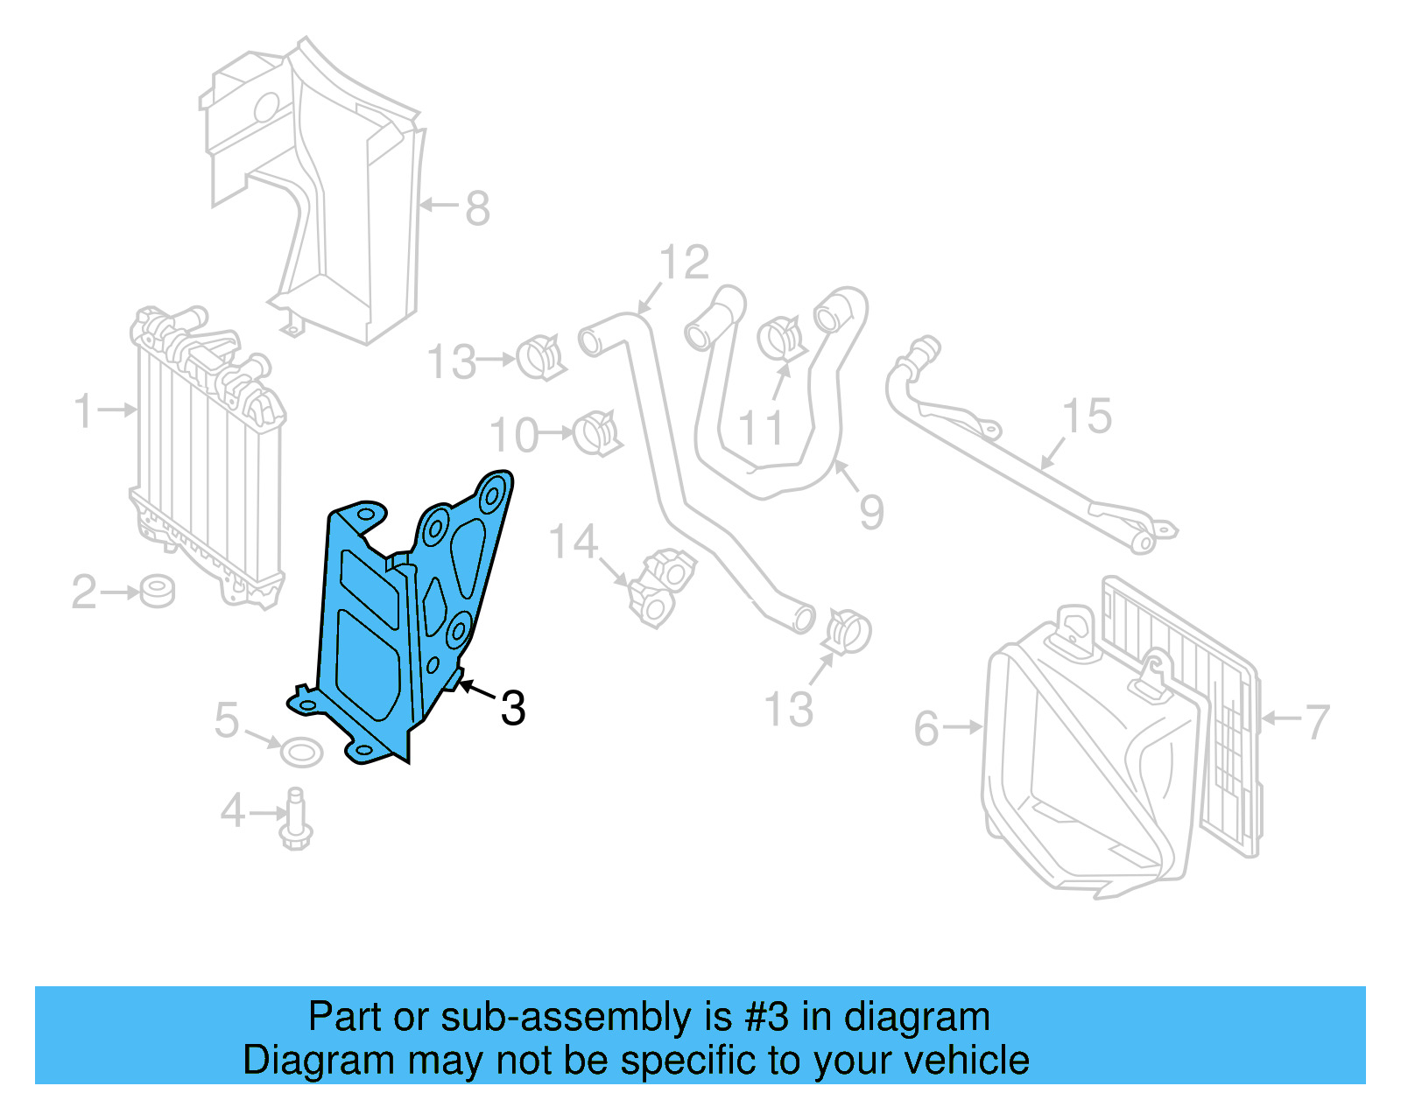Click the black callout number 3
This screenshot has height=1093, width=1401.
coord(513,708)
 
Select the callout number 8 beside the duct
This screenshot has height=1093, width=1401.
coord(477,208)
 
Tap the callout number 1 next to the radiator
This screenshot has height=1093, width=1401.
coord(84,410)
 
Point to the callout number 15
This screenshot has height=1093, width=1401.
coord(1087,417)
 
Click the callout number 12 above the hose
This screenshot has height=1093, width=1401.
coord(684,263)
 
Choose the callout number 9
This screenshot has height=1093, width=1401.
coord(871,512)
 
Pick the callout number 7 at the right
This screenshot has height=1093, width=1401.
coord(1316,723)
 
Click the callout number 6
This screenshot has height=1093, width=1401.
coord(926,729)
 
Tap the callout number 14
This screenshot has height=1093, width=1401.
coord(573,543)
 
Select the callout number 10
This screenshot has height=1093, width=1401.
coord(514,435)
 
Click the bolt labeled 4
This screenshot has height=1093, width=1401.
coord(295,820)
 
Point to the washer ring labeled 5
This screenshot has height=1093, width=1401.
coord(300,751)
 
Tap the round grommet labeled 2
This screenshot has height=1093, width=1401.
coord(158,592)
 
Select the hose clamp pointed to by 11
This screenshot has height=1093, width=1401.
coord(780,339)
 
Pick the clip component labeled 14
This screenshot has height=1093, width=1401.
coord(662,587)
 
